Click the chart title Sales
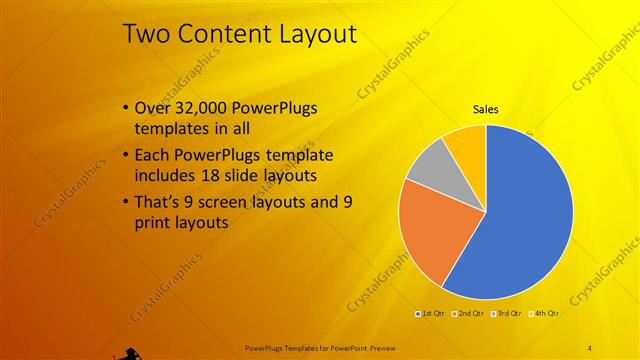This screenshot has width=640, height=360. click(x=486, y=110)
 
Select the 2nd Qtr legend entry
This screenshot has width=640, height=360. click(x=469, y=314)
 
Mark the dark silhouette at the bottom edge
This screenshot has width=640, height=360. click(x=127, y=352)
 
